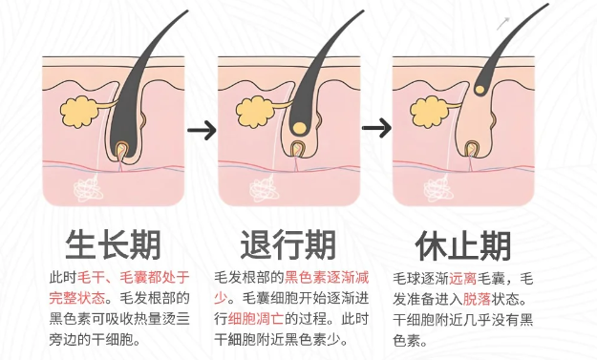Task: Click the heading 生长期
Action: [114, 245]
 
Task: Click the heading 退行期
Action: [288, 245]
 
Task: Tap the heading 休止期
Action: [462, 245]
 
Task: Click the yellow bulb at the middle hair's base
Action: [299, 127]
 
